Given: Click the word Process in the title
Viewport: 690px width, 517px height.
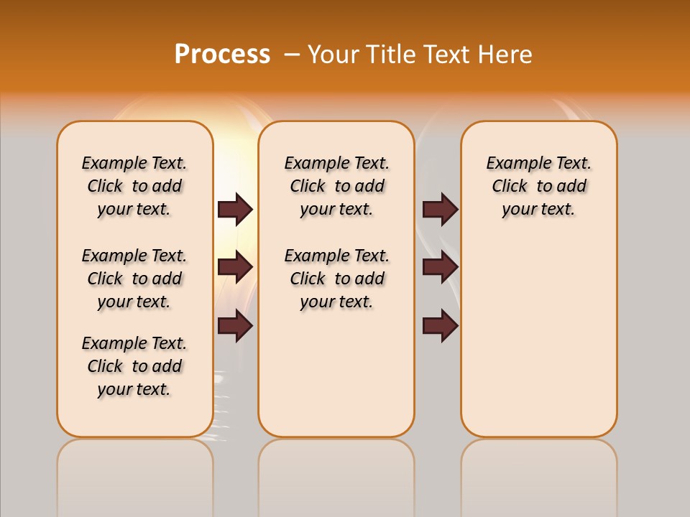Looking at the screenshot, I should tap(222, 54).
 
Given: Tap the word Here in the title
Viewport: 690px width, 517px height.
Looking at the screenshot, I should tap(506, 55).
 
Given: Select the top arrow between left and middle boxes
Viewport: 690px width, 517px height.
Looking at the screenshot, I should tap(235, 209).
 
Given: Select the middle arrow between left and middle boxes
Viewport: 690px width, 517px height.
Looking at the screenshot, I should tap(235, 267).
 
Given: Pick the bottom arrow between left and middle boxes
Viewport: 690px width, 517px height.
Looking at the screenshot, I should tap(235, 326).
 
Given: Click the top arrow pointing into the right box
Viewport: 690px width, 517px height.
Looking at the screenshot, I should tap(440, 209).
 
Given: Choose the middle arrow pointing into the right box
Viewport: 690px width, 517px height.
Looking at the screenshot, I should tap(440, 267).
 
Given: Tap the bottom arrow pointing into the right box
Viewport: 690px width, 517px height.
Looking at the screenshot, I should tap(440, 326).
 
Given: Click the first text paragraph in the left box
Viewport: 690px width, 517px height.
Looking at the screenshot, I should tap(134, 186).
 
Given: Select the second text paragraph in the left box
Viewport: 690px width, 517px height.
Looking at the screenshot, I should tap(134, 279).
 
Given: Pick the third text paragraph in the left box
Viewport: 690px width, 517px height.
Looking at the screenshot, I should tap(134, 366).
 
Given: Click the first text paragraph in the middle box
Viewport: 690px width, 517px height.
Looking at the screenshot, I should tap(336, 186).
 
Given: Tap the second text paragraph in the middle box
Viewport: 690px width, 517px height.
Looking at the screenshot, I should tap(336, 279).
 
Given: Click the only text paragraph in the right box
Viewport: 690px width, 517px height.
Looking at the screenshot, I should tap(538, 186).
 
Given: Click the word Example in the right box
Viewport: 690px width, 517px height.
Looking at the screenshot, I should tap(514, 163).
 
